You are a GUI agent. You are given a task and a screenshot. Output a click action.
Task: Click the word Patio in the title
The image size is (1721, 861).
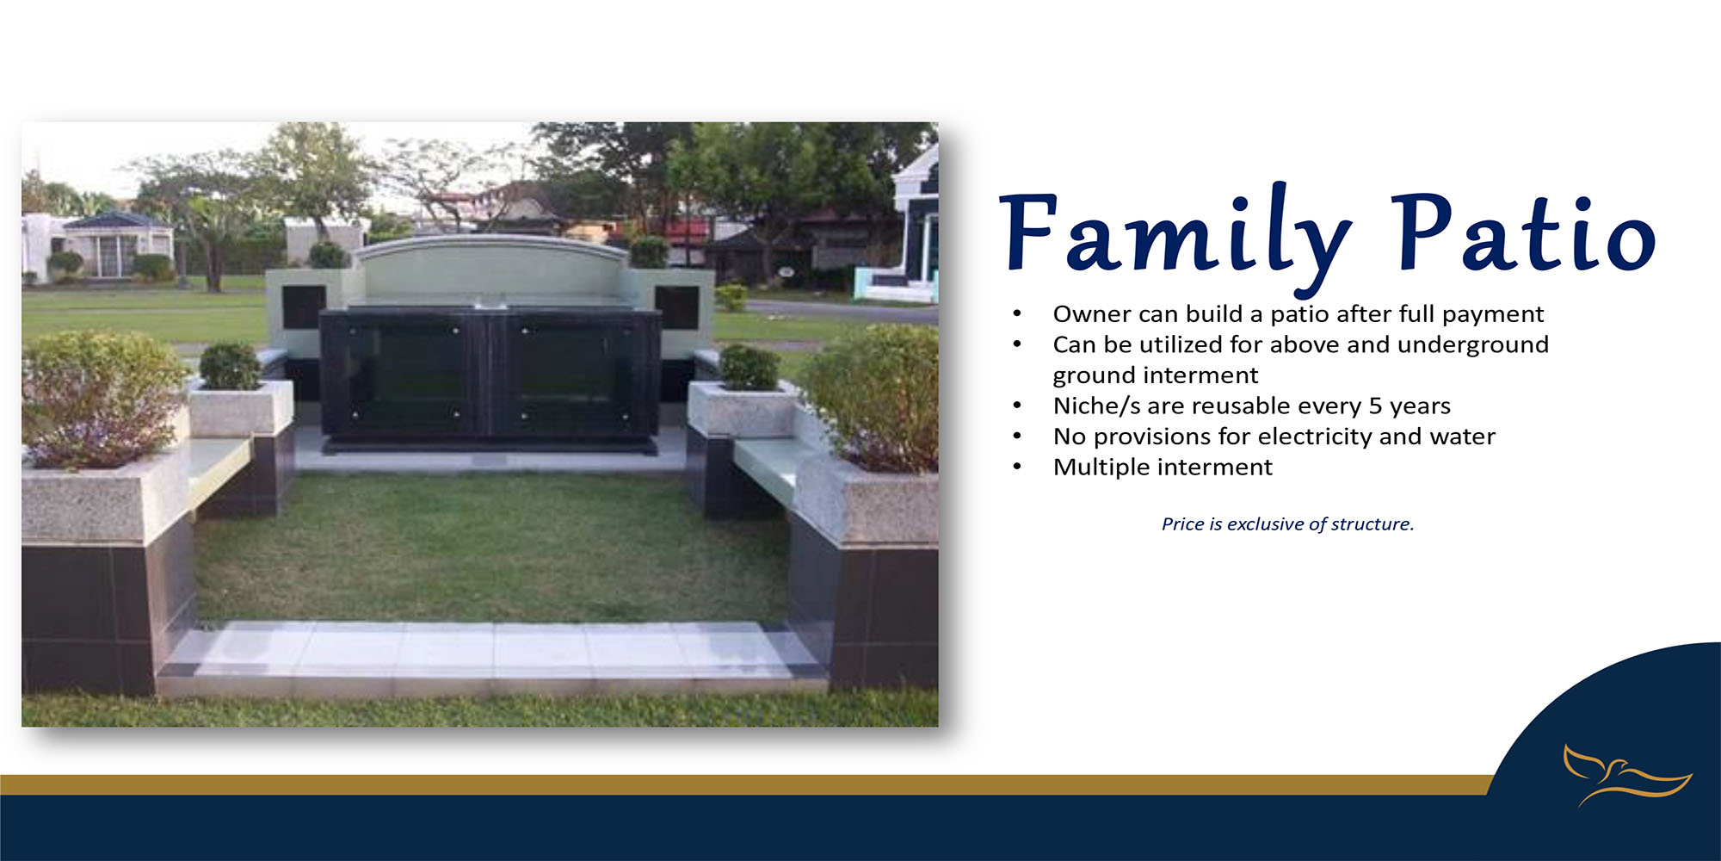point(1523,231)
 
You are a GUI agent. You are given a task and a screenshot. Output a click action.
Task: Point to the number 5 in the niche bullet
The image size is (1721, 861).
point(1375,406)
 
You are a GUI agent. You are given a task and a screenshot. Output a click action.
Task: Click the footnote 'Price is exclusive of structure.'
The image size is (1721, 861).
point(1287,523)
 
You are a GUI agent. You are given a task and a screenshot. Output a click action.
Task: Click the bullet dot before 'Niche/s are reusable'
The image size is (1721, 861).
point(1017,406)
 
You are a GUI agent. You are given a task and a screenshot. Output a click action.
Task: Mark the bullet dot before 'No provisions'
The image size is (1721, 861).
point(1017,437)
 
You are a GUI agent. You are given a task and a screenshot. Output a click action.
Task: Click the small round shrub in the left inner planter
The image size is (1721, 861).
point(230,366)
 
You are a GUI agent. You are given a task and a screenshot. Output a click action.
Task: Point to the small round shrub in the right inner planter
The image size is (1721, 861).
point(749,367)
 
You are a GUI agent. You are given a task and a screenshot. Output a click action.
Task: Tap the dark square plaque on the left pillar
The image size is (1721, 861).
point(304,307)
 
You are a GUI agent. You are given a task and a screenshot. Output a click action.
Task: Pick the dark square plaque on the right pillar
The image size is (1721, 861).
point(676,307)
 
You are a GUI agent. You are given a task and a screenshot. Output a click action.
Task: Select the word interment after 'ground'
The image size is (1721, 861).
point(1206,375)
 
